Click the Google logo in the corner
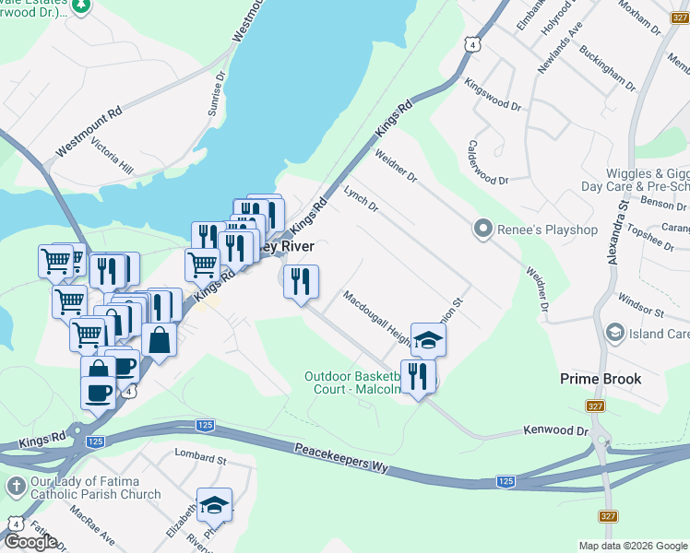(x=30, y=541)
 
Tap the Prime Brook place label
(x=601, y=379)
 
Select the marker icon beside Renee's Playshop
(x=481, y=229)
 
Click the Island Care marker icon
(x=614, y=331)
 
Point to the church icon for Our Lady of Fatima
(x=15, y=486)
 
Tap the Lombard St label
(x=200, y=458)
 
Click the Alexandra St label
(x=618, y=235)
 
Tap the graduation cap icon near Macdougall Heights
(x=428, y=338)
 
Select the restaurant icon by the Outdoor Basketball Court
(x=418, y=376)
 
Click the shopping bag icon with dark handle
(x=159, y=339)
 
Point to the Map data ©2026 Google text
(x=632, y=546)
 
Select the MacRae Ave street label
(x=101, y=526)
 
